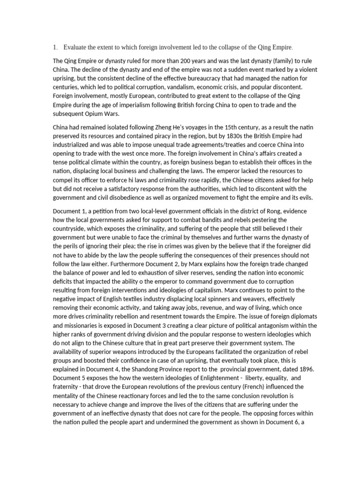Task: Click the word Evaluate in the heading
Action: tap(76, 47)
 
